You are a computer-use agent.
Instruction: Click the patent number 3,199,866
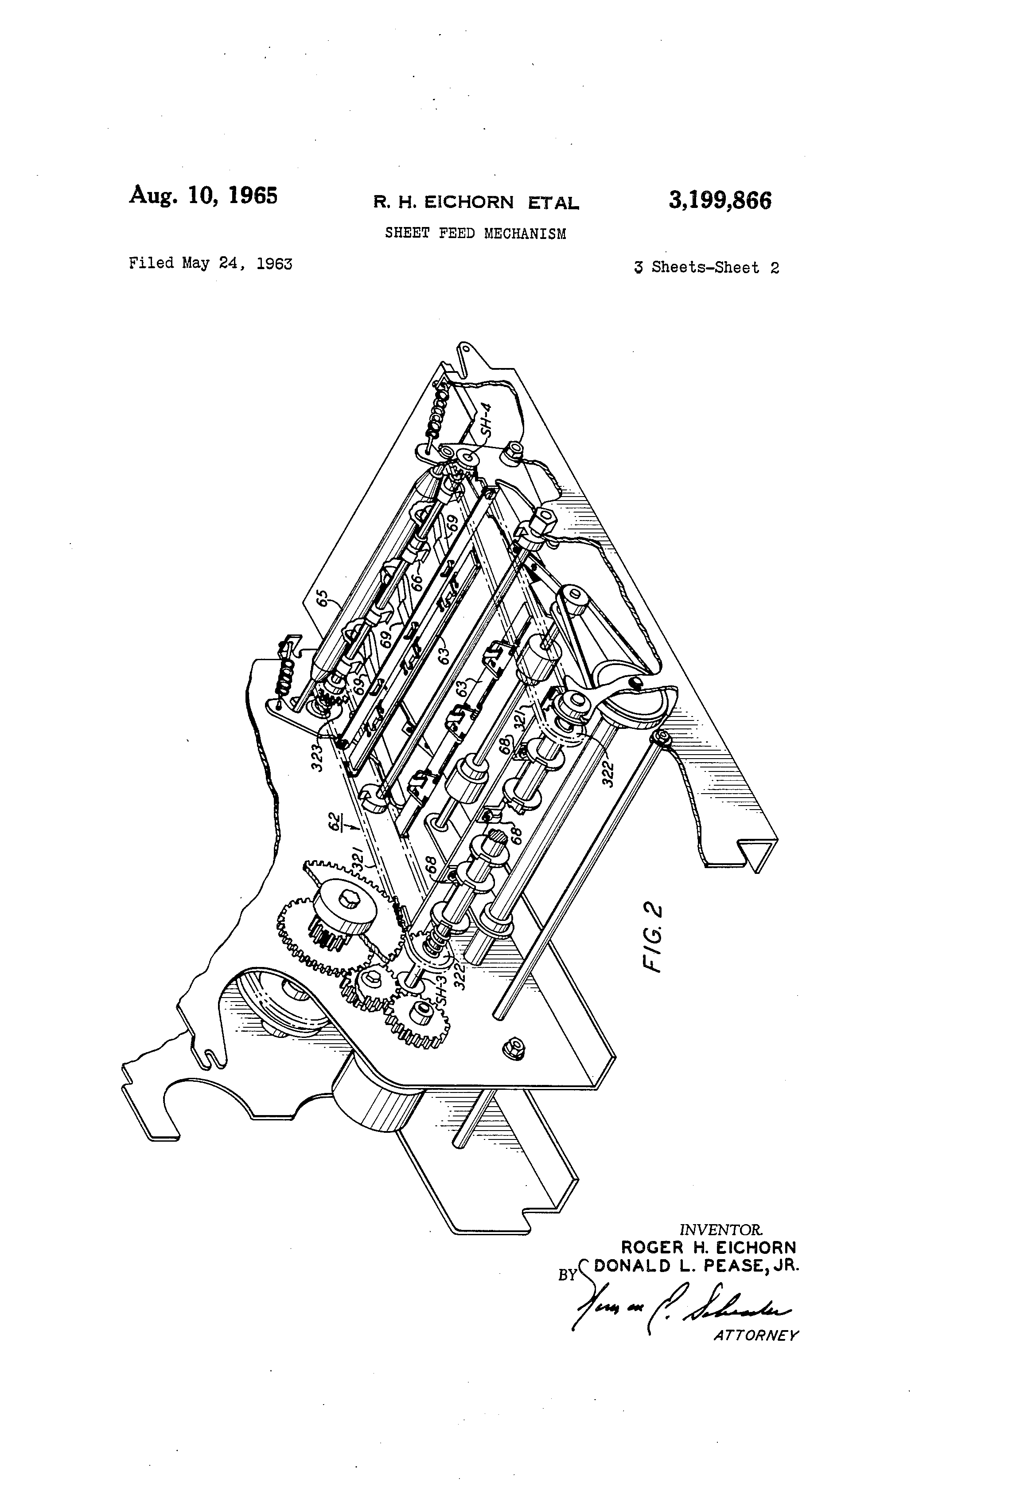point(720,201)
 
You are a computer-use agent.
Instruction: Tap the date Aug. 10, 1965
point(203,195)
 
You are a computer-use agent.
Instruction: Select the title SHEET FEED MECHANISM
point(475,233)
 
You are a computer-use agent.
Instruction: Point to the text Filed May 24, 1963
point(210,263)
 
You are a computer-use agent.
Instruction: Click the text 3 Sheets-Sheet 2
point(706,267)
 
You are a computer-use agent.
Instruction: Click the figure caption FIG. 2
point(652,937)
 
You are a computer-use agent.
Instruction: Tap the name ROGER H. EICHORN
point(708,1248)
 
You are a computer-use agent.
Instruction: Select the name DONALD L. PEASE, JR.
point(697,1266)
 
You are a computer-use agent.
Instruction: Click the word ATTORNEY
point(756,1335)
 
